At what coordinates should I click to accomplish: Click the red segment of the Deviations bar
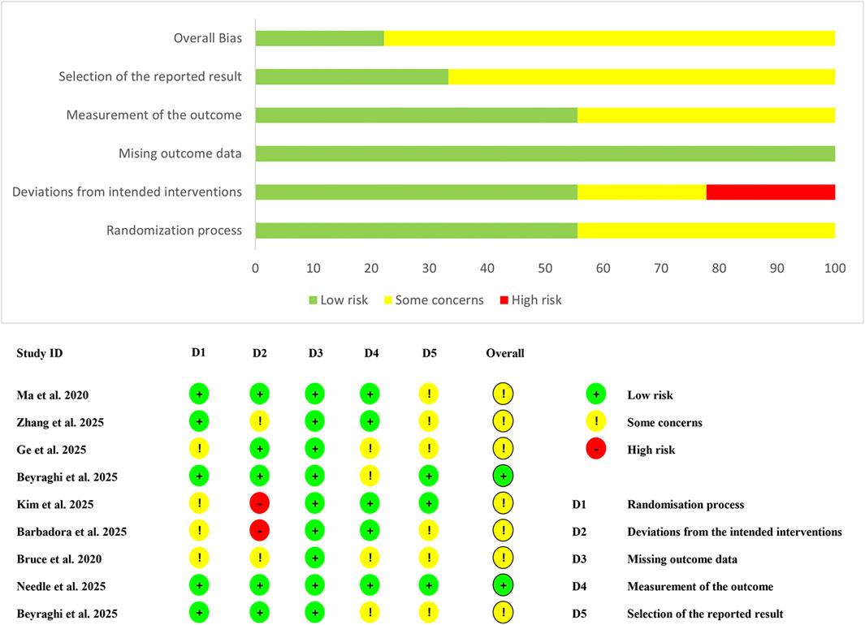(770, 192)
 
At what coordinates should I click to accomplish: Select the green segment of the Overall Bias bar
(319, 38)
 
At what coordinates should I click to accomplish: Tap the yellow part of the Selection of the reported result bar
(642, 76)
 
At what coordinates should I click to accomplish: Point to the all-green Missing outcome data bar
(545, 153)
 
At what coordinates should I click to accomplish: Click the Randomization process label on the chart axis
(174, 231)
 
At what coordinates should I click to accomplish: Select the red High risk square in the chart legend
(505, 300)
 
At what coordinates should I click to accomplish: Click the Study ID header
(39, 353)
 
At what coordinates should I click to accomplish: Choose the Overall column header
(504, 353)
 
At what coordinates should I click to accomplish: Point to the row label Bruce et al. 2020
(58, 559)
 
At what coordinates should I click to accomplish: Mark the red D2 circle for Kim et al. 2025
(259, 504)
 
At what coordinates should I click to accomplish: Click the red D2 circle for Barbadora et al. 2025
(259, 532)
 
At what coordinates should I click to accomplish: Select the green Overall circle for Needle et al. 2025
(503, 586)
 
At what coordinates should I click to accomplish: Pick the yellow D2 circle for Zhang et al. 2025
(259, 422)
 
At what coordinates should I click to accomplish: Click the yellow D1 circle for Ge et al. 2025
(199, 449)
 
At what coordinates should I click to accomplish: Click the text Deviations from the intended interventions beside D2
(733, 532)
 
